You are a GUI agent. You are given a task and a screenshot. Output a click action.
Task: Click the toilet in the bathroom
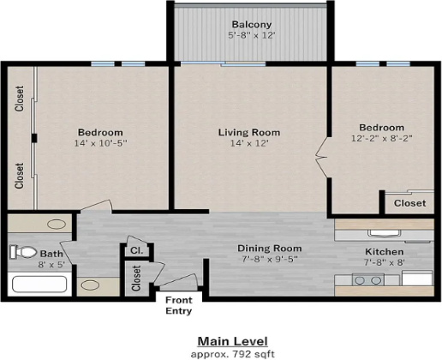[x=23, y=252]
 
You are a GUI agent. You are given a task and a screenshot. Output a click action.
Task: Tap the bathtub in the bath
[x=39, y=284]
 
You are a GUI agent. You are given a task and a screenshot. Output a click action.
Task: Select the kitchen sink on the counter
[x=385, y=233]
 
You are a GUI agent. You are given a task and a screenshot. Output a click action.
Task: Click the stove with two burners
[x=368, y=279]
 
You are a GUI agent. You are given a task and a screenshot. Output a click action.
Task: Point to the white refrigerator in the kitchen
[x=417, y=278]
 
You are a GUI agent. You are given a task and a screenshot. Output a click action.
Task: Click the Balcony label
[x=252, y=25]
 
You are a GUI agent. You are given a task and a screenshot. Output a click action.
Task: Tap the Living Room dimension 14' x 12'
[x=249, y=143]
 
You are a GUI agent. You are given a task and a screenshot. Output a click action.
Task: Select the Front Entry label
[x=179, y=305]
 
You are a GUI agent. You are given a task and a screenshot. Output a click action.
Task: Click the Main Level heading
[x=233, y=341]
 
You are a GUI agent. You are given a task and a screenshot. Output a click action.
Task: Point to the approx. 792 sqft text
[x=233, y=354]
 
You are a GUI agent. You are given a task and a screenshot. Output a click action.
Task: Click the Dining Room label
[x=270, y=249]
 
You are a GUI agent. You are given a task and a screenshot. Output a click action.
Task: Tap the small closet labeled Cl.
[x=136, y=250]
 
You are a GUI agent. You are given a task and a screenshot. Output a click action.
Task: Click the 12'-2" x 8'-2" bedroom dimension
[x=382, y=138]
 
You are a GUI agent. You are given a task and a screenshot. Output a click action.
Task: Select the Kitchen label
[x=385, y=252]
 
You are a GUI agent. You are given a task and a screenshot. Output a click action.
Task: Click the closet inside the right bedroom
[x=409, y=203]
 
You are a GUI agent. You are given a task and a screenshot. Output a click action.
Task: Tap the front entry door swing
[x=177, y=280]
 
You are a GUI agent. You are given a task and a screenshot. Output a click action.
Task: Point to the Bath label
[x=51, y=254]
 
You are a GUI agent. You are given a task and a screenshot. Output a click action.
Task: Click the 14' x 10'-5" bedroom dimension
[x=100, y=143]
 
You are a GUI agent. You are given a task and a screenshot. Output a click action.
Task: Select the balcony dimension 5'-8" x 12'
[x=252, y=35]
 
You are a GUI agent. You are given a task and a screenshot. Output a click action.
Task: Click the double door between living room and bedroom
[x=322, y=156]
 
